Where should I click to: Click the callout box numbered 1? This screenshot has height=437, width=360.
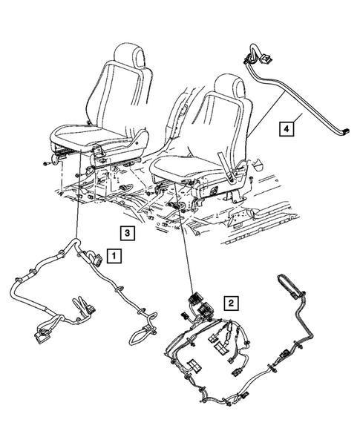[114, 257]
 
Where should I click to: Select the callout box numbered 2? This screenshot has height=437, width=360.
[232, 303]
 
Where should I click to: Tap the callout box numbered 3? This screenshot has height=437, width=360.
[128, 233]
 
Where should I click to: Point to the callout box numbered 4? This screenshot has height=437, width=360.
[286, 129]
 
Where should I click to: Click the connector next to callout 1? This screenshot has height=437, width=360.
[96, 258]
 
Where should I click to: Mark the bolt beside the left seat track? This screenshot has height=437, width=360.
[46, 161]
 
